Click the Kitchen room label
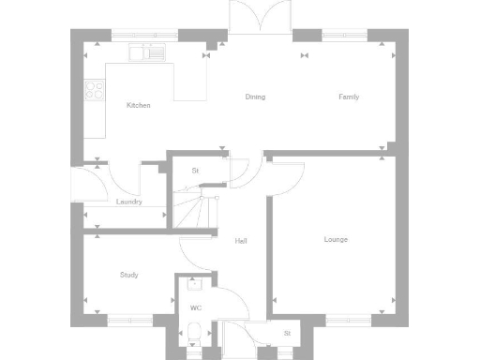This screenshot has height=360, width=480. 139,105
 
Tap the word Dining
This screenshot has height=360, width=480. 255,97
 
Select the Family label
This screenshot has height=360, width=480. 349,97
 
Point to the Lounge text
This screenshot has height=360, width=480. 336,239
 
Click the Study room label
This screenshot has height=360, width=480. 129,275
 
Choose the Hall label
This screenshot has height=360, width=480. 241,241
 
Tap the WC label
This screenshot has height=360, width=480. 196,307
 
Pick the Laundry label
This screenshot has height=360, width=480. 128,202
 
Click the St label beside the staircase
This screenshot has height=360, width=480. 196,171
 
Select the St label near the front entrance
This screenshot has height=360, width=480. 287,333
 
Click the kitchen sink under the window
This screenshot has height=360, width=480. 148,53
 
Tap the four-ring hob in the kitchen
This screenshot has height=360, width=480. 95,90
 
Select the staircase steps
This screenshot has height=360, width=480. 193,208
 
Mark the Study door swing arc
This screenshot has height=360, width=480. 194,251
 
